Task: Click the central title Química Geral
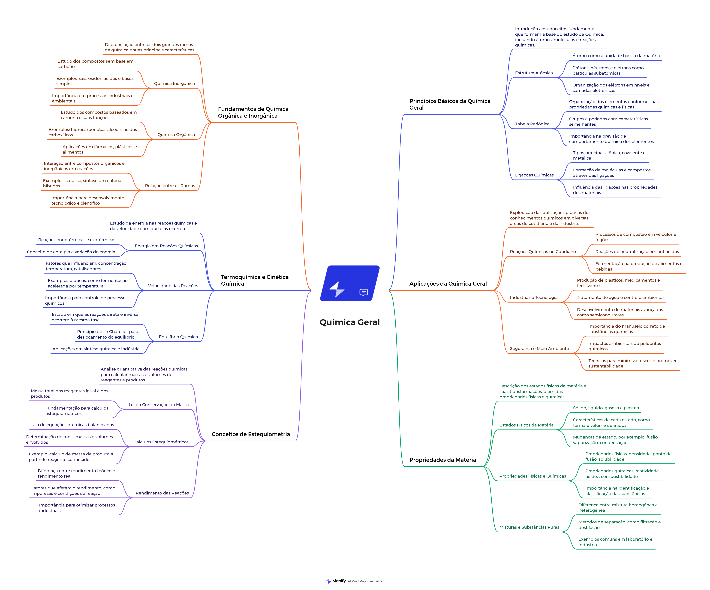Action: coord(350,322)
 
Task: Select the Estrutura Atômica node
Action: coord(534,73)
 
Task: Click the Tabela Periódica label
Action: coord(532,124)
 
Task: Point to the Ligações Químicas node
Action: coord(534,175)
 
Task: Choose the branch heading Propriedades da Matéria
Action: coord(443,460)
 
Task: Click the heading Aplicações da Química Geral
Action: coord(448,284)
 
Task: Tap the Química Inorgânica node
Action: coord(174,83)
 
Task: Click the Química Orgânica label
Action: coord(176,134)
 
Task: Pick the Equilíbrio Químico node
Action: coord(178,337)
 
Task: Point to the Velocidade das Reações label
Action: coord(173,286)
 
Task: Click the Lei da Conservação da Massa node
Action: coord(159,405)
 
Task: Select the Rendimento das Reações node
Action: coord(162,493)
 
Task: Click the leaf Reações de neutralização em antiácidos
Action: coord(637,251)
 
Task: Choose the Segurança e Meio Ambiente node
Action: coord(539,348)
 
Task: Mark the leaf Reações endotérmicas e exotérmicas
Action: coord(77,240)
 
